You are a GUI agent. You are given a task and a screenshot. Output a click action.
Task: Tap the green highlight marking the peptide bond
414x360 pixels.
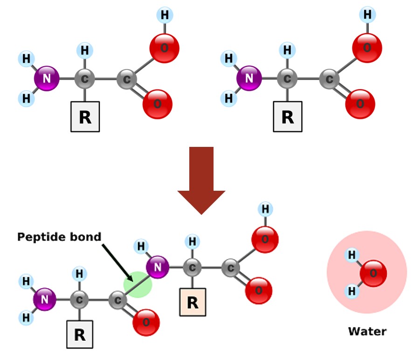click(138, 284)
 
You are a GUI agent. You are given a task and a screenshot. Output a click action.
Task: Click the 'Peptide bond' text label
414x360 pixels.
click(59, 237)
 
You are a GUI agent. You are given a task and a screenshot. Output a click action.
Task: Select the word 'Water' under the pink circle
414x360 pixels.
click(367, 332)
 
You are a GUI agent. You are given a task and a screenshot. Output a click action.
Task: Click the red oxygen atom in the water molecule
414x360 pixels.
click(373, 273)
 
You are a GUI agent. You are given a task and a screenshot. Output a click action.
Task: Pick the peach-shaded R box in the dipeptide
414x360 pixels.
click(193, 303)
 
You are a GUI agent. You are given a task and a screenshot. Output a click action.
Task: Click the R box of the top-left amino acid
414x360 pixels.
click(85, 117)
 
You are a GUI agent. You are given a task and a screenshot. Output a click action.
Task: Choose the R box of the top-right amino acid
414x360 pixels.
click(288, 117)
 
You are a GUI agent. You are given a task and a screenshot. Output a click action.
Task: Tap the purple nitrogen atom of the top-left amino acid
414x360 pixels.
click(47, 79)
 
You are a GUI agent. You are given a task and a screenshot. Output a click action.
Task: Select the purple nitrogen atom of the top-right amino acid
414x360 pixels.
click(249, 79)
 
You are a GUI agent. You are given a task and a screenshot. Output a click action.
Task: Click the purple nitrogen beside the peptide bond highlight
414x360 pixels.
click(158, 267)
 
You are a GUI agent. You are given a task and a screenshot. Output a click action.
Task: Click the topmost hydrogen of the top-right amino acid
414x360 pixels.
click(367, 15)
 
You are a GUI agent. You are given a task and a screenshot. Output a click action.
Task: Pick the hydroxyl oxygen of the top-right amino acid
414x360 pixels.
click(367, 48)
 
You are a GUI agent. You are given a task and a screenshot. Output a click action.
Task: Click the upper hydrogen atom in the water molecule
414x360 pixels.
click(352, 255)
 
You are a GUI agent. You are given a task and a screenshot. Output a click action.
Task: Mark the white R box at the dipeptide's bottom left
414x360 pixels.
click(79, 334)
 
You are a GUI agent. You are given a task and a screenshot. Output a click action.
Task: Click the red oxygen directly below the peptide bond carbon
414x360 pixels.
click(146, 322)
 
